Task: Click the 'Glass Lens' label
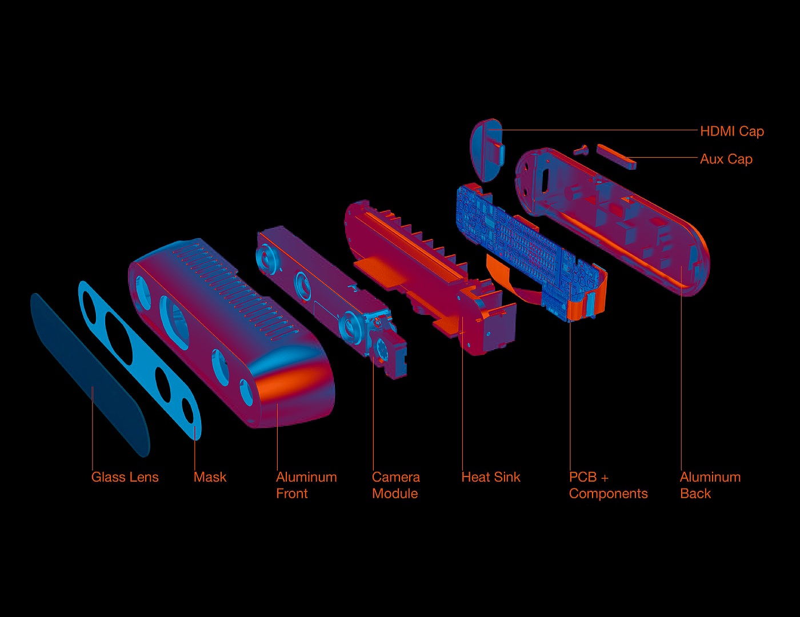125,477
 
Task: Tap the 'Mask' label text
210,477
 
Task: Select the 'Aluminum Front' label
306,485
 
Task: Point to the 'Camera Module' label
395,485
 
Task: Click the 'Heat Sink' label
490,477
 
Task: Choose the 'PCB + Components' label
608,485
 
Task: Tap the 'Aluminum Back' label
710,485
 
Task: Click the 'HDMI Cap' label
731,131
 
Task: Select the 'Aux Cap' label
726,159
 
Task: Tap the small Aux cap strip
616,156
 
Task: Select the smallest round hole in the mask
187,409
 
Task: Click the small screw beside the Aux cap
581,150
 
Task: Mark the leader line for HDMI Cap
600,130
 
